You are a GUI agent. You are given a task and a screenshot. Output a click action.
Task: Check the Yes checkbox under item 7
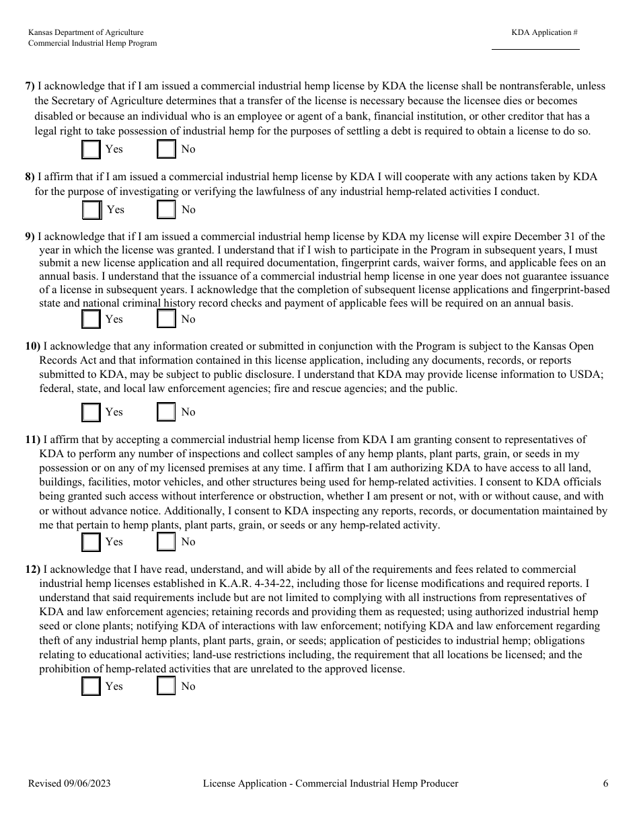91,149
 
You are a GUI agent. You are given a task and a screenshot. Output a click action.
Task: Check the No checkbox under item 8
166,210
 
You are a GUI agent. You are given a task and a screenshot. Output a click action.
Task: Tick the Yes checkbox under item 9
91,319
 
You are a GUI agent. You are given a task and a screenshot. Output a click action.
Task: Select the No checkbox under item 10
166,411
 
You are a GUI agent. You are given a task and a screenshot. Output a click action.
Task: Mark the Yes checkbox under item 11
91,541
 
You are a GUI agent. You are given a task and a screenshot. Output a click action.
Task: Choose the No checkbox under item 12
166,686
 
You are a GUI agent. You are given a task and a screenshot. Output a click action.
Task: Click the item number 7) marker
30,86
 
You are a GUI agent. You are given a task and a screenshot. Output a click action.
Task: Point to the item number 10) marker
33,346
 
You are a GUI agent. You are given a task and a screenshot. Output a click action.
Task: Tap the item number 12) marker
33,569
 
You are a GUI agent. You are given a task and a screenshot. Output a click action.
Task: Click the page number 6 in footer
605,783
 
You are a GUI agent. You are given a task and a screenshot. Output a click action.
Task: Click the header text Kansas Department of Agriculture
85,32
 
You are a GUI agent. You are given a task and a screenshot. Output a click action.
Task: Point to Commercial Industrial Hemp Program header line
92,43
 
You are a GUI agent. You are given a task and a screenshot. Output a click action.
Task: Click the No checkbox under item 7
166,149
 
